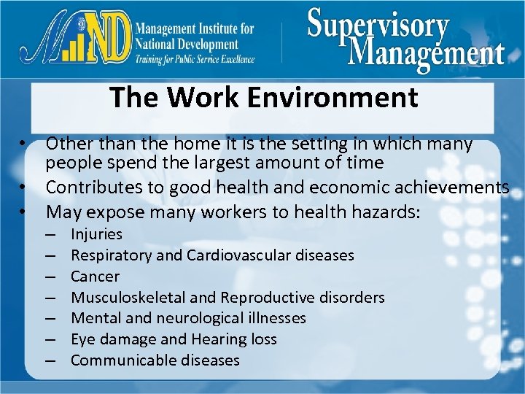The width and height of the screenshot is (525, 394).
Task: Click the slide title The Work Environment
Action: (x=263, y=97)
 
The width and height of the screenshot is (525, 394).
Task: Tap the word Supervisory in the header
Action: (x=378, y=26)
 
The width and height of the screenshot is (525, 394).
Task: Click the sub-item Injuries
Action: (x=96, y=234)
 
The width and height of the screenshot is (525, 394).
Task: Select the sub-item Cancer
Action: (x=95, y=277)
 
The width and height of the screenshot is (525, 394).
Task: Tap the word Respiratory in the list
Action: (x=111, y=255)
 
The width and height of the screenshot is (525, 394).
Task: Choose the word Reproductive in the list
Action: (x=263, y=298)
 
